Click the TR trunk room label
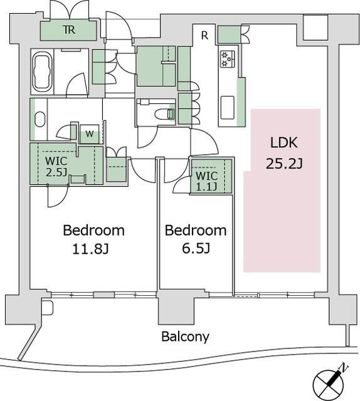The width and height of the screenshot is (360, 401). (69, 30)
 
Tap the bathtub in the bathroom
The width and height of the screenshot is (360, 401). (42, 71)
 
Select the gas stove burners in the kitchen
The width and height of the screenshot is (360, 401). (228, 59)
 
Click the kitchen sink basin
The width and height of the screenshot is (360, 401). (228, 108)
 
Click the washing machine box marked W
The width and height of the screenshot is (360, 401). (89, 133)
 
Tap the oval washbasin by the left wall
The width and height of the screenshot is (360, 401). (40, 120)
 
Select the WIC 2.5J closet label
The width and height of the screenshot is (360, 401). (56, 167)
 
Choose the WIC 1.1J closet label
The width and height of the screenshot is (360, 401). (207, 181)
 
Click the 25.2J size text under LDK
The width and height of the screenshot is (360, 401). (284, 164)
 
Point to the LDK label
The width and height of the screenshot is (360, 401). (284, 143)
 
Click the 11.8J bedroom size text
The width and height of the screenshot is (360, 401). (91, 249)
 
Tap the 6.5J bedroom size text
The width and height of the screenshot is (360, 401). (196, 248)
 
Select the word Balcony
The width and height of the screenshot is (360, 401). (186, 336)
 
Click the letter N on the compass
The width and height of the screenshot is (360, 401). (344, 368)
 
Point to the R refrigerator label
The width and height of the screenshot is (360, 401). (204, 36)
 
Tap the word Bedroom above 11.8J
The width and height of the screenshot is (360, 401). (93, 231)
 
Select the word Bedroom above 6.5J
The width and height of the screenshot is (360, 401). (196, 231)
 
